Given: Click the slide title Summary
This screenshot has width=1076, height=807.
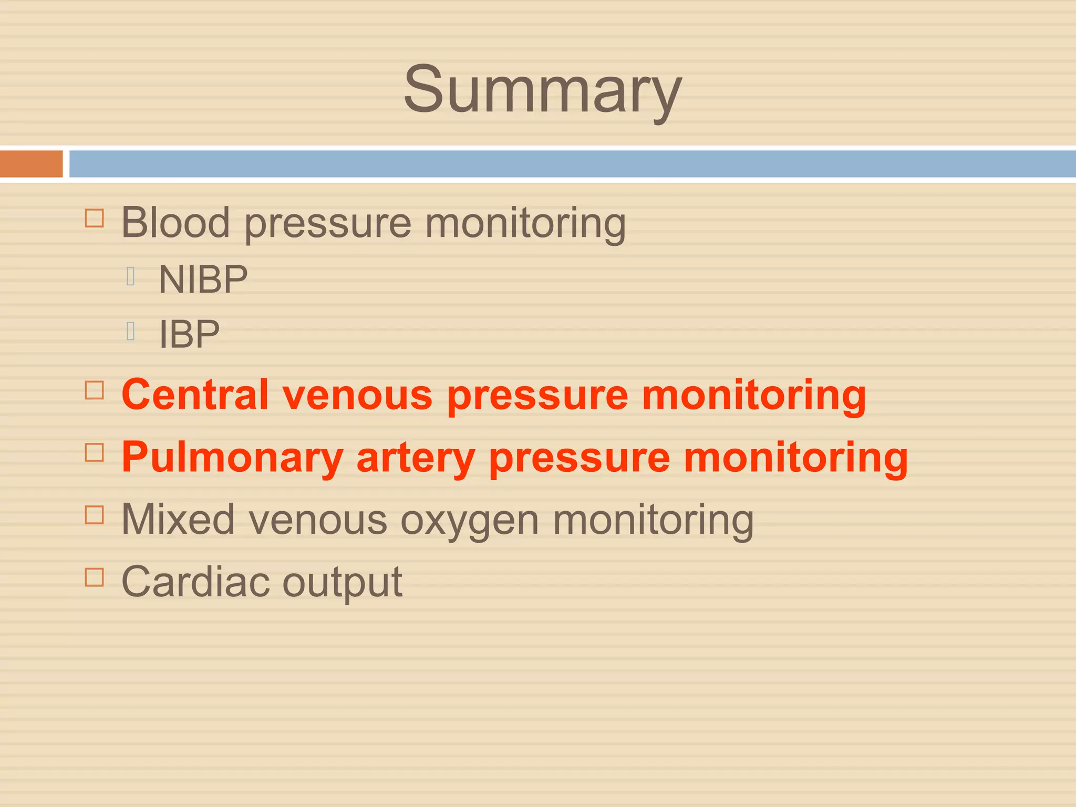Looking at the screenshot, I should (x=542, y=89).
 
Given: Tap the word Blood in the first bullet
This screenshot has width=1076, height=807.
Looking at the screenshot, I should (x=175, y=222).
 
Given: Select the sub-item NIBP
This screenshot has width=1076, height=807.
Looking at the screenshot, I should (x=203, y=280).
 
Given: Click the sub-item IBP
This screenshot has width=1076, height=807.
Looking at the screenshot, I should (x=189, y=335).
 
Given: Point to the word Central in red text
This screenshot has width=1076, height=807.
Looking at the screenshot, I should (x=195, y=395).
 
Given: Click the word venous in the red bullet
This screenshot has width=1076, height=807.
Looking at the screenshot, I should (x=357, y=396).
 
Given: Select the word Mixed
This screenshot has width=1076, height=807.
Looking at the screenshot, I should (x=178, y=519).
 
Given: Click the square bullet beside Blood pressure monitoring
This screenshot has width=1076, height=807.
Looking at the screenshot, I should (x=95, y=218).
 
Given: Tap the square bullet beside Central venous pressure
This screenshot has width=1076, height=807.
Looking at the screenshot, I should (x=95, y=390).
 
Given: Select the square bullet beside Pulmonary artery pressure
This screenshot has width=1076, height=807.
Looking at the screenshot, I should (x=95, y=452).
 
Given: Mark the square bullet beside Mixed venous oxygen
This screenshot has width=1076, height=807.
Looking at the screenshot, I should (x=95, y=515).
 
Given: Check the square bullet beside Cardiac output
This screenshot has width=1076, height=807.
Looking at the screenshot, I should (x=95, y=577).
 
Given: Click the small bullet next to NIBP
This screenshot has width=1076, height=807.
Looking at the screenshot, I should (x=131, y=276).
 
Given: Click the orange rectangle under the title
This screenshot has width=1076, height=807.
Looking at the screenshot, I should (x=31, y=164).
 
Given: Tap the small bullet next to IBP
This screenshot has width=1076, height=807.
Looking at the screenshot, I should (x=131, y=331).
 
